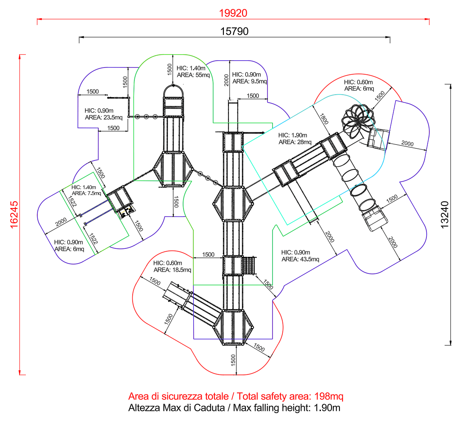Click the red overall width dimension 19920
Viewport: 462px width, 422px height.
point(233,13)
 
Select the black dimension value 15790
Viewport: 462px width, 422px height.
point(234,31)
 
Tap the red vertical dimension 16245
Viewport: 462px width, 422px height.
point(14,214)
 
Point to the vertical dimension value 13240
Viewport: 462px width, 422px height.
point(445,214)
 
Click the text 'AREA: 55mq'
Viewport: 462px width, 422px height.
point(193,75)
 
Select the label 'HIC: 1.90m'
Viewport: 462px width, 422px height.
point(292,135)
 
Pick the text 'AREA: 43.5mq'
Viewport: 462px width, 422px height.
point(300,259)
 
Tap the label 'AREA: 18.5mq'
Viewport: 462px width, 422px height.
point(173,270)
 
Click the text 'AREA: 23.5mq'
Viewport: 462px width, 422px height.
point(104,118)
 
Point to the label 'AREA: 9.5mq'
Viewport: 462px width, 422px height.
point(250,81)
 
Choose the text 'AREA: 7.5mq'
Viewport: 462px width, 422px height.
point(86,193)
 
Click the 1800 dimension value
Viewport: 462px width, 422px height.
point(324,119)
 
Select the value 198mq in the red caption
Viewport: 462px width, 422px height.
point(329,397)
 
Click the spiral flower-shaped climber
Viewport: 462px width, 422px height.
point(358,121)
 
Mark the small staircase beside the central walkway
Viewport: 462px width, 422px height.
point(249,266)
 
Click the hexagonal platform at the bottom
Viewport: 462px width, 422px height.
point(233,327)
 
